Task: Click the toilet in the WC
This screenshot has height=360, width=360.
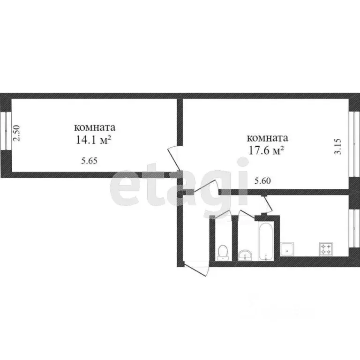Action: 223,253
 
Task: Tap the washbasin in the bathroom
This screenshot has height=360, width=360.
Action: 245,255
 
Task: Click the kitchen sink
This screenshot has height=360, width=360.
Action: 287,249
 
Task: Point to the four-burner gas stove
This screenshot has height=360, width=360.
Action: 326,249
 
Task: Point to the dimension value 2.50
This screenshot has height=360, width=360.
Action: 16,134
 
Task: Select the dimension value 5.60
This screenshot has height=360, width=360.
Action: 262,180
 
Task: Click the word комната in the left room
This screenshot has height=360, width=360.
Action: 95,127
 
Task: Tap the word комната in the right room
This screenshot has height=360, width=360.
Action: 267,138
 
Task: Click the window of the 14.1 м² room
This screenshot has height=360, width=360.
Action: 4,131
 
